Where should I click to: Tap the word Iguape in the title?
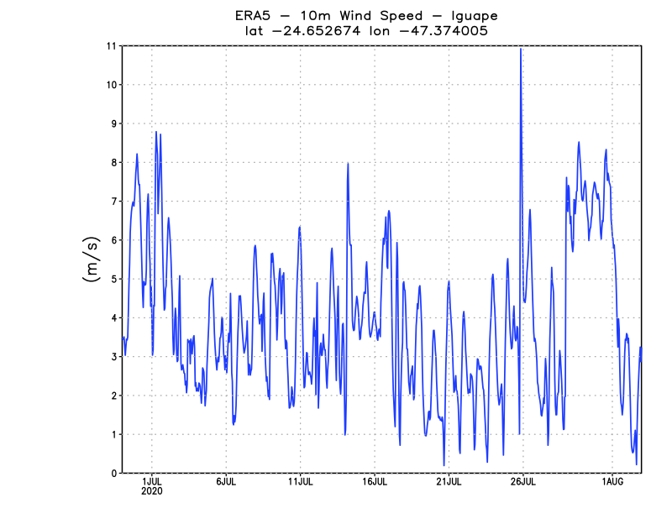pos(473,16)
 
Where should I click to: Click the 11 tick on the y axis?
pos(110,46)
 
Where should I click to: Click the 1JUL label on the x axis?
pos(152,481)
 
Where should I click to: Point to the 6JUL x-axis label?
pos(226,481)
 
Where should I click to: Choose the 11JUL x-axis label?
pos(301,481)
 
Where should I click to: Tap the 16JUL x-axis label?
pos(375,481)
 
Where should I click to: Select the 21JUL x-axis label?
pos(449,481)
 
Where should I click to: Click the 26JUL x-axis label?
pos(522,481)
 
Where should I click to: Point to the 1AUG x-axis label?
pos(612,481)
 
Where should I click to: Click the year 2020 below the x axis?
pos(152,491)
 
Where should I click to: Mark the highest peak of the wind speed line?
pos(521,50)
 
